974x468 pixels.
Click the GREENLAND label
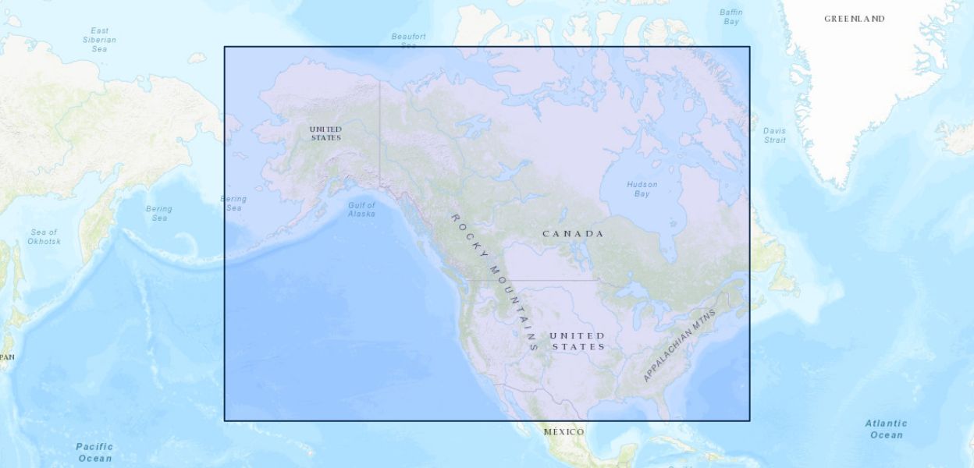(855, 19)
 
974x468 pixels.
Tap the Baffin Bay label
(731, 17)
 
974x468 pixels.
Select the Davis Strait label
(775, 135)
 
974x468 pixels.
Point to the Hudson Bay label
(642, 189)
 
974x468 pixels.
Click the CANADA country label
(573, 234)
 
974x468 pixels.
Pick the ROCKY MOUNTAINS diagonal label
(495, 281)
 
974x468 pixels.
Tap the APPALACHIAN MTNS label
(679, 345)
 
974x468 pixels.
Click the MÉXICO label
(563, 432)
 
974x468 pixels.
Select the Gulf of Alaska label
(361, 209)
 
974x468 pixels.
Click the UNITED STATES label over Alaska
(325, 133)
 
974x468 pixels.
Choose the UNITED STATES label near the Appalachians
(578, 341)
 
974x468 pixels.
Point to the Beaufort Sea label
(409, 41)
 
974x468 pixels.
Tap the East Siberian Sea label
(99, 40)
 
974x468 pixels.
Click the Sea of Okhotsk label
(44, 236)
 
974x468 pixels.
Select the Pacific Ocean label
(94, 452)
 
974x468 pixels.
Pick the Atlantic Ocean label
(886, 429)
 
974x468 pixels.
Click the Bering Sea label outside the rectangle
(159, 213)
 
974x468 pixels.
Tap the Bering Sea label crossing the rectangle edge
(233, 204)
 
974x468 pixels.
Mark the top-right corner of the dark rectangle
(749, 47)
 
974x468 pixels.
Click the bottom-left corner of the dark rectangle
(225, 420)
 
